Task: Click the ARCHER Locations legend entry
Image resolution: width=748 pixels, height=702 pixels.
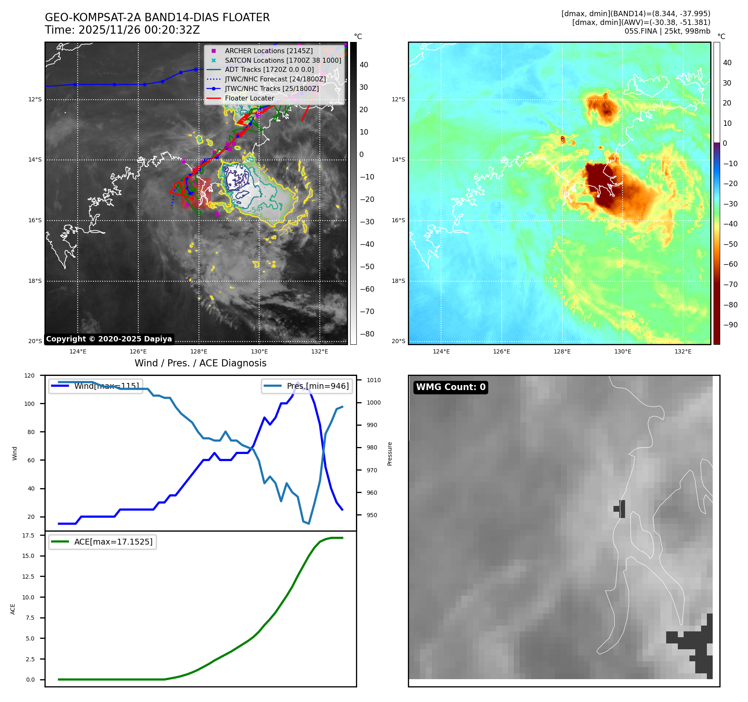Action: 269,51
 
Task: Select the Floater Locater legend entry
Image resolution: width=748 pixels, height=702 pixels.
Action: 249,98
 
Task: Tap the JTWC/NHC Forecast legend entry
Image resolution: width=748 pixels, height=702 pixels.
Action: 275,79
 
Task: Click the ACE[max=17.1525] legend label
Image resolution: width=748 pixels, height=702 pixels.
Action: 113,542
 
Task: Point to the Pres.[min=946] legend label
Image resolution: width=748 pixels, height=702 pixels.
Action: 318,386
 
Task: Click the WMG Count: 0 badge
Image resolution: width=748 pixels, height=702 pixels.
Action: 451,387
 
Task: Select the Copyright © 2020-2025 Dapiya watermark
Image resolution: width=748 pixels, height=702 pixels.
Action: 109,339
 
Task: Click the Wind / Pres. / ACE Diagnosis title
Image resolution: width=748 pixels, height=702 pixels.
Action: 200,363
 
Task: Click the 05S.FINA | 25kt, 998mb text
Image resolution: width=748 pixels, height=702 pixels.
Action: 667,31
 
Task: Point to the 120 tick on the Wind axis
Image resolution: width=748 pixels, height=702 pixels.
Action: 29,376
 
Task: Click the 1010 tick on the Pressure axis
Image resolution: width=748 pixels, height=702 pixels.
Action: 373,380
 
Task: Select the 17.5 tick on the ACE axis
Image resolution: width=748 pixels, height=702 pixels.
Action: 28,535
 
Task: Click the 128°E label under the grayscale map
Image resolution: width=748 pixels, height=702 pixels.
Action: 199,351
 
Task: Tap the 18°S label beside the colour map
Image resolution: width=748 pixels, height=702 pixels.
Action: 398,281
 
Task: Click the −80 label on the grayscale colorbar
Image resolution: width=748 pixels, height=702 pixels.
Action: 367,334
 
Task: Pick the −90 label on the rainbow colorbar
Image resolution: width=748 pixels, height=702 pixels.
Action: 730,325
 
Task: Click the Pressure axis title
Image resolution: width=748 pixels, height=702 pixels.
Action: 390,454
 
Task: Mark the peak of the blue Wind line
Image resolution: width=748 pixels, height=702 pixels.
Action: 297,382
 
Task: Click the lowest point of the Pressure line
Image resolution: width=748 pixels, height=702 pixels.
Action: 309,523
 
